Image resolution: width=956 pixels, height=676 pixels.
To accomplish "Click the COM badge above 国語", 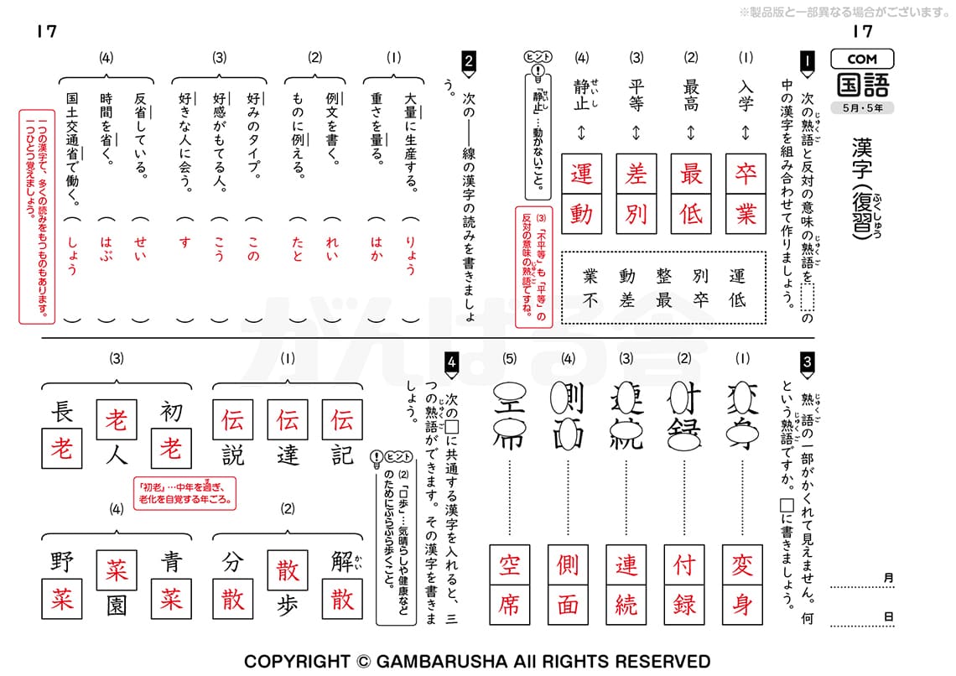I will (862, 60).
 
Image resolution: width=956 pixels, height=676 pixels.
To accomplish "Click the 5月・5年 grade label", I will (862, 107).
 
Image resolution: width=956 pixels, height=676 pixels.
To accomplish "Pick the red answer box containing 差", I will (636, 174).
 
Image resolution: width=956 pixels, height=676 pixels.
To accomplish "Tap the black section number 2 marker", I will (469, 60).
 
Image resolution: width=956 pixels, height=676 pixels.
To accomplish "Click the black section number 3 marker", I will (807, 361).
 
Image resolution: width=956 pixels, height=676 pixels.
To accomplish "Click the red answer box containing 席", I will (510, 606).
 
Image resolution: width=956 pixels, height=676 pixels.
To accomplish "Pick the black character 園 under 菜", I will (116, 605).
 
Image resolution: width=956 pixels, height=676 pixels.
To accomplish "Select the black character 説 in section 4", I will (233, 455).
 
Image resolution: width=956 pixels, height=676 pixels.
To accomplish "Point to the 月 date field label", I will (888, 577).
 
